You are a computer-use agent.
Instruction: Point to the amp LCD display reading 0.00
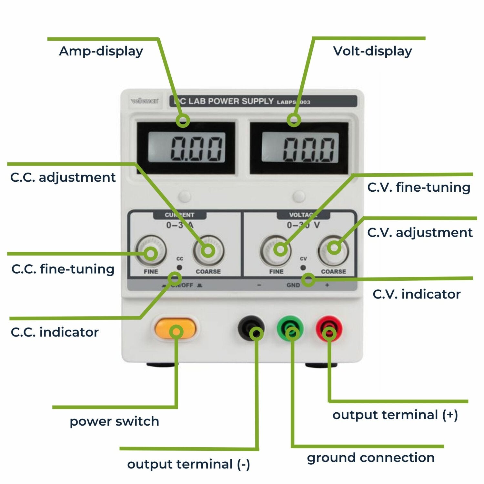click(x=187, y=148)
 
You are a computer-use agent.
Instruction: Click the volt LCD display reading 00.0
click(x=299, y=148)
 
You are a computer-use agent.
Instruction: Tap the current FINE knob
click(x=151, y=251)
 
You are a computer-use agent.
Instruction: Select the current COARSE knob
click(x=208, y=251)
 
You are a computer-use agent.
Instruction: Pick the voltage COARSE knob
click(x=334, y=250)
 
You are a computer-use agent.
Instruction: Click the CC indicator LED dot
click(x=179, y=267)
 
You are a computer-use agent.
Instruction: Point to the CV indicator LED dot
click(x=303, y=267)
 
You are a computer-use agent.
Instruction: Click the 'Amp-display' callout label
click(x=101, y=51)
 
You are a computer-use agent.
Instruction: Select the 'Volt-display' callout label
click(x=372, y=51)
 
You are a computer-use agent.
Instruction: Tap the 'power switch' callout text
click(x=114, y=421)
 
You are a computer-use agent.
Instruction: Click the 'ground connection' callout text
click(x=371, y=458)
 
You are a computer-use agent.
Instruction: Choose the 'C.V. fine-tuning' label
click(x=419, y=187)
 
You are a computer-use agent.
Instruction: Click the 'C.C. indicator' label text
click(x=55, y=332)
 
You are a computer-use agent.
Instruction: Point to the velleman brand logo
click(x=145, y=101)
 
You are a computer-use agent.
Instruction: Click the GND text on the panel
click(x=293, y=285)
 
